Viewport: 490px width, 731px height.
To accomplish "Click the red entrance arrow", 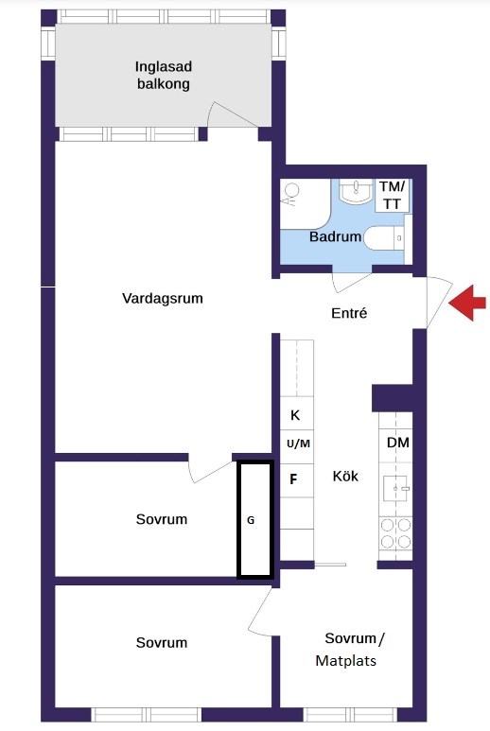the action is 467,303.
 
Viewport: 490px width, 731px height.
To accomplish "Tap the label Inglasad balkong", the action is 164,76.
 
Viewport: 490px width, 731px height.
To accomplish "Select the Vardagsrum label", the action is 163,299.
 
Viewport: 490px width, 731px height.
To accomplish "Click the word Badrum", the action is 335,236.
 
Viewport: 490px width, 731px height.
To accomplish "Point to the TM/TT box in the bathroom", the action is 392,196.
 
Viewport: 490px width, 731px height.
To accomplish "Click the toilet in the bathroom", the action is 384,238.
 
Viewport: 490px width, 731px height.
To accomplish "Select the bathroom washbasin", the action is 356,192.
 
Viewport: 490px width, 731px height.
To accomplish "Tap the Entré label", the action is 349,313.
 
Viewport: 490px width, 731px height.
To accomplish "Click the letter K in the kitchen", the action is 295,415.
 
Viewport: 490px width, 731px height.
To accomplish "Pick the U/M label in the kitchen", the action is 298,444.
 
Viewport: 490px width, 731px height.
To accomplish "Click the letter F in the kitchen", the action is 293,479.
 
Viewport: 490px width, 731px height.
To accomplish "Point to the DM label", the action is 397,443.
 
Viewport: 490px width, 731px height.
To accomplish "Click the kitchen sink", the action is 394,489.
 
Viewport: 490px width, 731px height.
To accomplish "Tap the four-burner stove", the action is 395,533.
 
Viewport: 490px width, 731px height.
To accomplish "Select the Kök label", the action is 345,476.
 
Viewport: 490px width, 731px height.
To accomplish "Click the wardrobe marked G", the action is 254,520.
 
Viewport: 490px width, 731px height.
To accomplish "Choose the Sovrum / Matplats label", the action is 350,650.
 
